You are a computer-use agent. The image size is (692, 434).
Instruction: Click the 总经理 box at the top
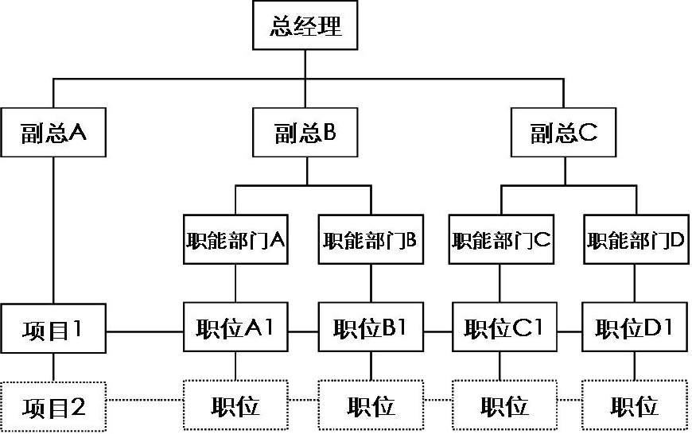pyautogui.click(x=305, y=25)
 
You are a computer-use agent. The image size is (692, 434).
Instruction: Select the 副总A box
pyautogui.click(x=53, y=132)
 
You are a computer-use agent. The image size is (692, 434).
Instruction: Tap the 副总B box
pyautogui.click(x=305, y=132)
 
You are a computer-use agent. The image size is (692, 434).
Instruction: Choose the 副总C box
pyautogui.click(x=564, y=132)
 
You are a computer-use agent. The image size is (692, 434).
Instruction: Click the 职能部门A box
pyautogui.click(x=235, y=239)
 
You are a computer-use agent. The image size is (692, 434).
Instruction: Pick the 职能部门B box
pyautogui.click(x=371, y=239)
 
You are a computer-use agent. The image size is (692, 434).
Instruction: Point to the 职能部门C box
pyautogui.click(x=501, y=239)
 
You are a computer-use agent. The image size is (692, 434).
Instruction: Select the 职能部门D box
pyautogui.click(x=636, y=239)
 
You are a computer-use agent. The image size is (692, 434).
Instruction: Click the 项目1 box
pyautogui.click(x=53, y=328)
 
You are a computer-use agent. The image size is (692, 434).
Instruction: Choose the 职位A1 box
pyautogui.click(x=235, y=327)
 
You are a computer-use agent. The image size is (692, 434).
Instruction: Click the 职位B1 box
pyautogui.click(x=371, y=327)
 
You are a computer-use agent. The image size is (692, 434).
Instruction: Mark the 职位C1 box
pyautogui.click(x=504, y=327)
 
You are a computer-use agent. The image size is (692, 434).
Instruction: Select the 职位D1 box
pyautogui.click(x=635, y=327)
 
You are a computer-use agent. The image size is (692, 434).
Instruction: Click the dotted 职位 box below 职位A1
pyautogui.click(x=235, y=405)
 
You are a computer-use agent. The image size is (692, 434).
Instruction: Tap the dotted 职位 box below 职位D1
pyautogui.click(x=635, y=405)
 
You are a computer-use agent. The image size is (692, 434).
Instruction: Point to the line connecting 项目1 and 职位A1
pyautogui.click(x=145, y=331)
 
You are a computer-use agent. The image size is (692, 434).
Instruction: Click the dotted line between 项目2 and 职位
pyautogui.click(x=145, y=401)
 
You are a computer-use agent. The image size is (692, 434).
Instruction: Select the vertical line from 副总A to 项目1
pyautogui.click(x=53, y=231)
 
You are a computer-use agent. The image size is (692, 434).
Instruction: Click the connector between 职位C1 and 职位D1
pyautogui.click(x=570, y=331)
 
